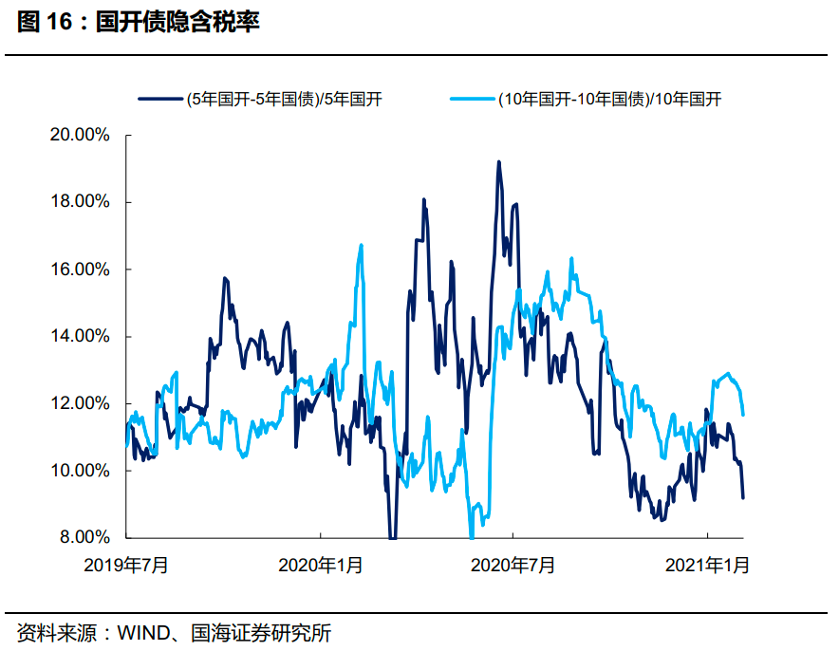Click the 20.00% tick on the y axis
[x=80, y=136]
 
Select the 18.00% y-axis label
[x=80, y=202]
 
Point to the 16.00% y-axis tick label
[x=80, y=270]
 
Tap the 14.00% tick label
[x=80, y=337]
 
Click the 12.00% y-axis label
[x=80, y=403]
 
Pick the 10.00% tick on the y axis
[x=80, y=471]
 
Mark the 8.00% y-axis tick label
[x=83, y=537]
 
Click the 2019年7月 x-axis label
[x=126, y=566]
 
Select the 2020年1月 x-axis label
[x=320, y=566]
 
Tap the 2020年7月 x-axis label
[x=513, y=566]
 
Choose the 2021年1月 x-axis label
[x=707, y=566]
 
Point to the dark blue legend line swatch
[x=159, y=98]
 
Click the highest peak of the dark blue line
[x=498, y=162]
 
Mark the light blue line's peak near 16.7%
[x=362, y=245]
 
